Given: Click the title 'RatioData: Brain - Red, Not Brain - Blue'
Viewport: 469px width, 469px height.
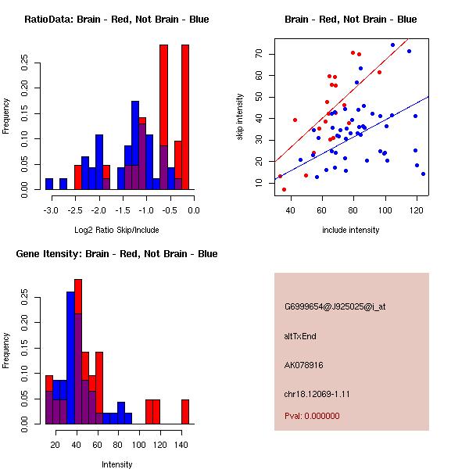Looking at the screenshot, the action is tap(116, 20).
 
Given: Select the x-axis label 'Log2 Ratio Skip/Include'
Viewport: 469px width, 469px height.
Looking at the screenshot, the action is tap(116, 230).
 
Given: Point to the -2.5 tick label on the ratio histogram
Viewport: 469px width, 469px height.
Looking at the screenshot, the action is tap(75, 210).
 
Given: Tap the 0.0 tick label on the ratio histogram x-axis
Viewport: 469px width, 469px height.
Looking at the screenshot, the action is tap(194, 210).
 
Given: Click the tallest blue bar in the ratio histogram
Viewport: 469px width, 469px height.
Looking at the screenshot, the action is tap(135, 145).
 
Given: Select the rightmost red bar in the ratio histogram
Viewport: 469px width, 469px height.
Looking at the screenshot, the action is tap(185, 117).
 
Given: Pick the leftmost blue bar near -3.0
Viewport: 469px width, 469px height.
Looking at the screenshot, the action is tap(49, 184).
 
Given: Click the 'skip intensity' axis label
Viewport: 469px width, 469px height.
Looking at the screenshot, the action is tap(240, 116).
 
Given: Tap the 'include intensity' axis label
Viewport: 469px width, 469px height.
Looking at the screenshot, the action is tap(350, 230).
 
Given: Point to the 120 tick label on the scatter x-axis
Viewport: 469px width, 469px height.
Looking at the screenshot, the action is tap(417, 210).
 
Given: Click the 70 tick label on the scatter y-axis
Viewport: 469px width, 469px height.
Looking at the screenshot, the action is tap(259, 54).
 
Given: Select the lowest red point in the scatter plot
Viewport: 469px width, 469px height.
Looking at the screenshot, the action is tap(284, 189).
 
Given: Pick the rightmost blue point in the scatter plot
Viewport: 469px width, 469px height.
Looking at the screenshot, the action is tap(423, 174).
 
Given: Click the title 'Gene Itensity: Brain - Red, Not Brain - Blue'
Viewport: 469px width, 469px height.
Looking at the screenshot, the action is tap(116, 254).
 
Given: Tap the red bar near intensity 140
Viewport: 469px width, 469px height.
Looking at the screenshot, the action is tap(185, 412).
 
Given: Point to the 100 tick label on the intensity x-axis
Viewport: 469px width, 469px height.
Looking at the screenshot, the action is tap(139, 445).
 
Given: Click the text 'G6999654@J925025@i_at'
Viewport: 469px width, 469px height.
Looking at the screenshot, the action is tap(335, 306).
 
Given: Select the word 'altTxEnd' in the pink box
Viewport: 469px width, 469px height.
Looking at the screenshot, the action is tap(300, 336).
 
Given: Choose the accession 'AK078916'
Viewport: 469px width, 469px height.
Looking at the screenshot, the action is tap(303, 365).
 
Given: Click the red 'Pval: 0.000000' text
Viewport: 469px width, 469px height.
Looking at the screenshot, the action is tap(312, 416).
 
